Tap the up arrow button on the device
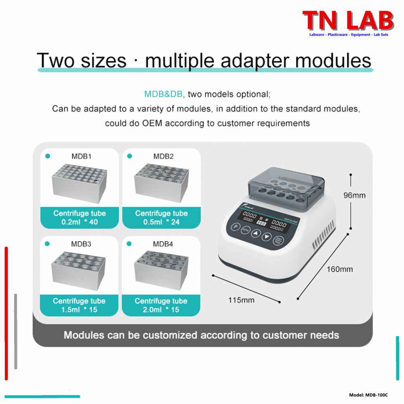coord(256,234)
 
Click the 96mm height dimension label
coord(354,195)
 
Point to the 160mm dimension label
coord(340,269)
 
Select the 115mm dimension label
coord(241,300)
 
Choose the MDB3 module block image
coord(79,269)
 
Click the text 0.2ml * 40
coord(80,222)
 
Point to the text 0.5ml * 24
coord(161,222)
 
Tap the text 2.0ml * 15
coord(161,310)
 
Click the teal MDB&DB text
coord(163,95)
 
